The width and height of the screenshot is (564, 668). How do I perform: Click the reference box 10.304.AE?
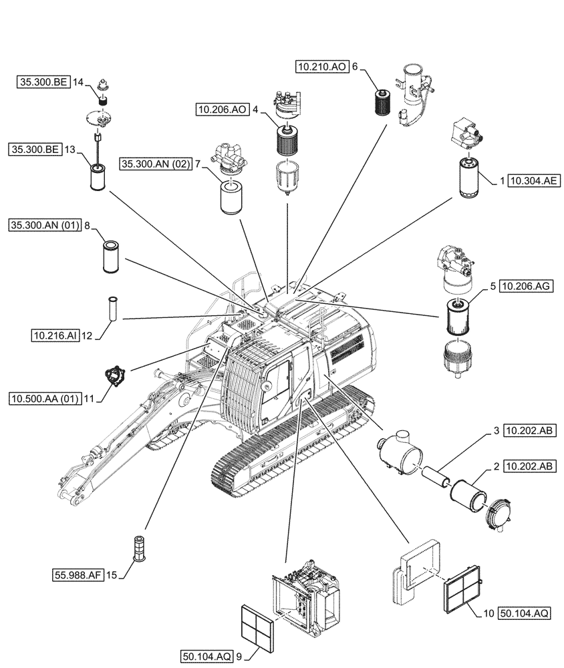point(533,180)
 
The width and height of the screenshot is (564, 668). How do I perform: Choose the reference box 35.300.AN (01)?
point(45,226)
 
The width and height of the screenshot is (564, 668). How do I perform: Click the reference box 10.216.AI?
point(54,335)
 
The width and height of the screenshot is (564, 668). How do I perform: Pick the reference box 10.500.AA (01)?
point(44,399)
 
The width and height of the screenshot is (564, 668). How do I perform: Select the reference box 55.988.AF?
point(78,574)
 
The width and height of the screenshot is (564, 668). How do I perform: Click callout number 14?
point(79,81)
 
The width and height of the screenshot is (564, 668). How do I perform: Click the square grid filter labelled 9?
point(256,629)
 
